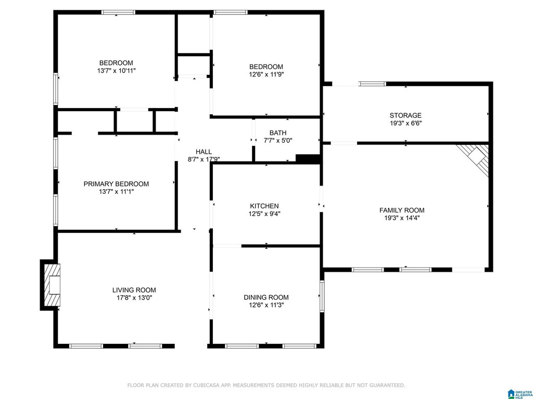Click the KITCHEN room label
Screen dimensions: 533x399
(x=264, y=206)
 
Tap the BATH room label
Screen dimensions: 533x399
(x=278, y=132)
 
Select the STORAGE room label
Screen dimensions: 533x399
(x=405, y=115)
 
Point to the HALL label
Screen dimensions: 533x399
(x=204, y=152)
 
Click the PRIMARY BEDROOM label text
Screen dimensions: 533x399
(x=116, y=184)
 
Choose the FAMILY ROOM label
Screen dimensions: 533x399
(x=402, y=210)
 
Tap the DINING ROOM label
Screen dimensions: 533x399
(x=266, y=298)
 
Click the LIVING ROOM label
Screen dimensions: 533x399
(x=134, y=290)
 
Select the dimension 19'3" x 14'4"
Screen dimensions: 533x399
(x=402, y=218)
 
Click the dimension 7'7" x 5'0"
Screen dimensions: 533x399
(x=278, y=140)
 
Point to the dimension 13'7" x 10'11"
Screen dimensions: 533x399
(x=116, y=71)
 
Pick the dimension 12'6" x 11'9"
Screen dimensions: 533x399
(x=266, y=75)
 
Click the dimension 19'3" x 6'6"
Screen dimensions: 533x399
(x=405, y=123)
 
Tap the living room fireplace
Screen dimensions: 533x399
(x=50, y=285)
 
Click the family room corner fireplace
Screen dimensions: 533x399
(x=474, y=159)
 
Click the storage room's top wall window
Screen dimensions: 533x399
(x=373, y=84)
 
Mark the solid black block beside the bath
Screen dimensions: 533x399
(x=308, y=159)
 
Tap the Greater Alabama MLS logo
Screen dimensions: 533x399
(x=520, y=394)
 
